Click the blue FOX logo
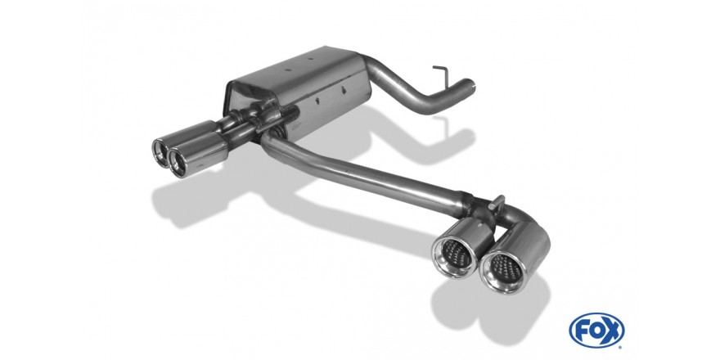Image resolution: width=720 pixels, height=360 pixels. click(x=596, y=331)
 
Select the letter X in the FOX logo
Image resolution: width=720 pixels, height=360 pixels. click(x=612, y=331)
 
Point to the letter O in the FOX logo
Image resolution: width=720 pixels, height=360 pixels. click(x=596, y=331)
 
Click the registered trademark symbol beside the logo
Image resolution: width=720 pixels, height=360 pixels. click(x=621, y=347)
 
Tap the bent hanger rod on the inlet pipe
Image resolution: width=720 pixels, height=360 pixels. click(x=441, y=74)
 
